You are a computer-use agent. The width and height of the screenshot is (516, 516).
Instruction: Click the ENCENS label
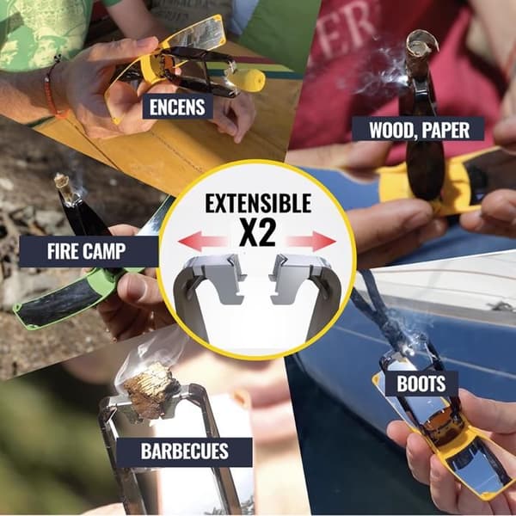177,107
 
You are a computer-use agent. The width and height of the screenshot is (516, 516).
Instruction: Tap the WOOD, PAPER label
419,130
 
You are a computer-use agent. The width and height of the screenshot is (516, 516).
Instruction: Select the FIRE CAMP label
87,251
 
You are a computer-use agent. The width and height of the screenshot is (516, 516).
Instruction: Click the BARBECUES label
185,451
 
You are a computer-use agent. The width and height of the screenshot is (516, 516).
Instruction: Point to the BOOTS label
421,384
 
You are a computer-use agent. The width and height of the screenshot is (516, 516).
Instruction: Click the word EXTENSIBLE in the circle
258,203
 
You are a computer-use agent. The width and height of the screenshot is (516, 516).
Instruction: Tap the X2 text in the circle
257,233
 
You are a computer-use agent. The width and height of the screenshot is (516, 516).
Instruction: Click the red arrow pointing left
202,241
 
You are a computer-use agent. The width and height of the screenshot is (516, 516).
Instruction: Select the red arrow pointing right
310,241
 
